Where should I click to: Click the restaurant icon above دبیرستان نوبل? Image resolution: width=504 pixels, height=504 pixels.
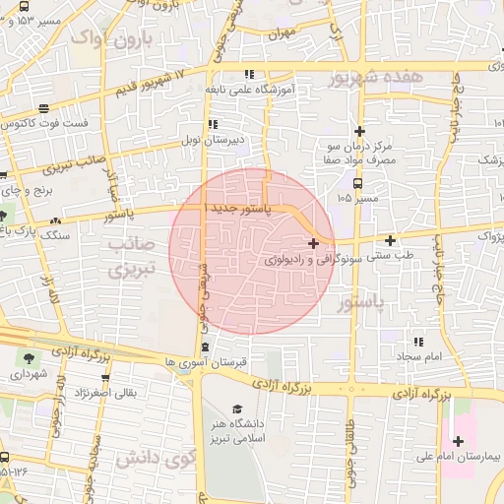pos(213,124)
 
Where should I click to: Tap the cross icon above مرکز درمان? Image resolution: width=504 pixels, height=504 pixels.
pos(360,131)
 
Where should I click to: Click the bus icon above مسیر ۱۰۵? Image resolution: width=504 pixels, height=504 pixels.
pos(357,182)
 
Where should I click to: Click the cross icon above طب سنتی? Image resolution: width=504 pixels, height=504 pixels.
pos(391,240)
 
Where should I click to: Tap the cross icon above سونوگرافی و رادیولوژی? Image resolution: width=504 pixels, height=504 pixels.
pos(313,243)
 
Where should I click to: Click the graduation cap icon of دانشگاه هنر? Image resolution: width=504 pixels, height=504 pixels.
pos(236,409)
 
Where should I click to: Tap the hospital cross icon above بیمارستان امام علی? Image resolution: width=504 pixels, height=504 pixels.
pos(458,440)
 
